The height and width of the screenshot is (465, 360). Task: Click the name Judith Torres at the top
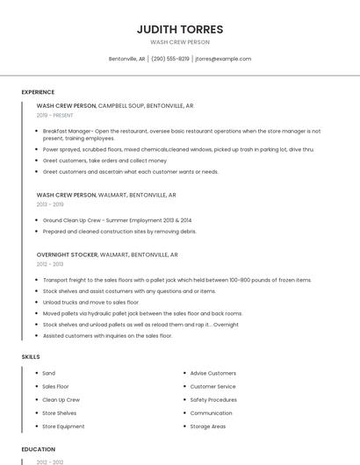[180, 29]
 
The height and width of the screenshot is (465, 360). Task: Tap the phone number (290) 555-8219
[170, 59]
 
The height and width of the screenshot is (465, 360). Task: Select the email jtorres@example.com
[223, 59]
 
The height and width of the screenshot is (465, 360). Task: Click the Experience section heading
[38, 92]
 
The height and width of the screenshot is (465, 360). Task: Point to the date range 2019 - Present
[55, 115]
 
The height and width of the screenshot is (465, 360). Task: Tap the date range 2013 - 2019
[50, 204]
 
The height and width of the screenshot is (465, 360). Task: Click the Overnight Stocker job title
[67, 254]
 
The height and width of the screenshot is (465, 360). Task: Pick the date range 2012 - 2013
[50, 264]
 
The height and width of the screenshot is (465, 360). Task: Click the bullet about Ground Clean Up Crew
[117, 220]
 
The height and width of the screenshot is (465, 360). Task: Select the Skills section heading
[31, 357]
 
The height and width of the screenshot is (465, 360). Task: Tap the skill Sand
[48, 374]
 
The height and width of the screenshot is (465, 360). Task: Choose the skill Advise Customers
[212, 374]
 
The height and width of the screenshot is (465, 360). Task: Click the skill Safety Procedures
[213, 400]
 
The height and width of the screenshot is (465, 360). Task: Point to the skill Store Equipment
[63, 426]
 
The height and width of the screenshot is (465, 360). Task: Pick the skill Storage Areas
[207, 426]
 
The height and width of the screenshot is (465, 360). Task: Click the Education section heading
[38, 449]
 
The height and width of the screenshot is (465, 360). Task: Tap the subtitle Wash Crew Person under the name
[180, 41]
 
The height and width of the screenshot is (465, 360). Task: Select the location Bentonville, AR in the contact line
[126, 59]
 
